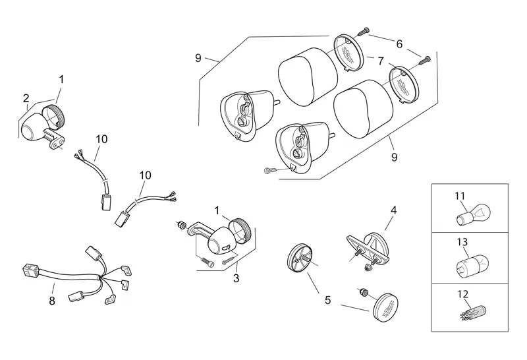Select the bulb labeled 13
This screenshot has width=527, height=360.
coord(472,265)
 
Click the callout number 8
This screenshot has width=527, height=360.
coord(52,301)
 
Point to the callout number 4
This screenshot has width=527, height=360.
coord(393,210)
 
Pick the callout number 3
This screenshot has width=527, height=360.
coord(236,278)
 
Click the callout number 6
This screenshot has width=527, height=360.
coord(399,44)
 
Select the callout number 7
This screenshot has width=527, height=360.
coord(381,61)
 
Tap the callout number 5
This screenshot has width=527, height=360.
coord(327,300)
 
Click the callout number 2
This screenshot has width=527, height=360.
coord(26,98)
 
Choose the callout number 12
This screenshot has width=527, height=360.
coord(462,294)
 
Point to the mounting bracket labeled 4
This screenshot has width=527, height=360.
coord(368,249)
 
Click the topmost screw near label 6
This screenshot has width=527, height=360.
coord(364,32)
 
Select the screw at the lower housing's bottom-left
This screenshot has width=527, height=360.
coord(270,171)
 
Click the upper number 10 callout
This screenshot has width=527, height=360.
coord(101,139)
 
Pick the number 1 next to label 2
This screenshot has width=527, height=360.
coord(61,79)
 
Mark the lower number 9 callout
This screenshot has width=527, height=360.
coord(394,157)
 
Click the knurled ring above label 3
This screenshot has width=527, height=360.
coord(240,231)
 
